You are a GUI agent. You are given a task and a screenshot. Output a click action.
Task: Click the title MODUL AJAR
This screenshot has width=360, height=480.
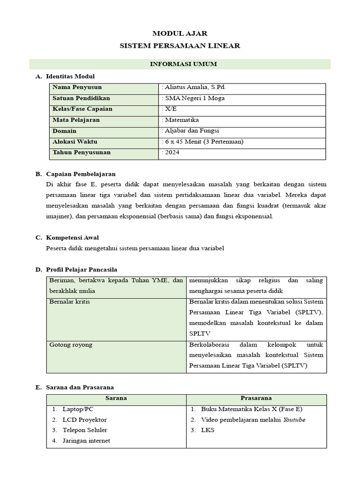(180, 33)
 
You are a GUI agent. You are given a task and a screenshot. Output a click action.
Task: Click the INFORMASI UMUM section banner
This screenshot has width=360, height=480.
(180, 64)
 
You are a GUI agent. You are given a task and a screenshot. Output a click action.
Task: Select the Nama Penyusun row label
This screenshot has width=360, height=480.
(77, 87)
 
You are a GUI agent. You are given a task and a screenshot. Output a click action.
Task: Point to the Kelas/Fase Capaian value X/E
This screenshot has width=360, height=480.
(169, 109)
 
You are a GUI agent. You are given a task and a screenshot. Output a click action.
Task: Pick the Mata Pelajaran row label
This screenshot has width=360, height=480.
(76, 120)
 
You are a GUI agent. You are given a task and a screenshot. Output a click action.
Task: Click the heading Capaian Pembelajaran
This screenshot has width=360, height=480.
(81, 174)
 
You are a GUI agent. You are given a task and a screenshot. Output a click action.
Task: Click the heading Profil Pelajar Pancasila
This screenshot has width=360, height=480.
(82, 270)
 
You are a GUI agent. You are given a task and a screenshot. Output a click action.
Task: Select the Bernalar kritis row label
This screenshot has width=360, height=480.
(70, 301)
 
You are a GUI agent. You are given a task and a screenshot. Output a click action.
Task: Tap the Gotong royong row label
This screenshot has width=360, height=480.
(71, 345)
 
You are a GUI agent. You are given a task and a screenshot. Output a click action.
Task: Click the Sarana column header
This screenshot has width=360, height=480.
(116, 398)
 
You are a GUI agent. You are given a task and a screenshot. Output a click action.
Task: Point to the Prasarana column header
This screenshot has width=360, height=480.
(256, 398)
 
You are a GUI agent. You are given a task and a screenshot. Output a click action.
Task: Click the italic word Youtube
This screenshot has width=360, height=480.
(294, 420)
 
